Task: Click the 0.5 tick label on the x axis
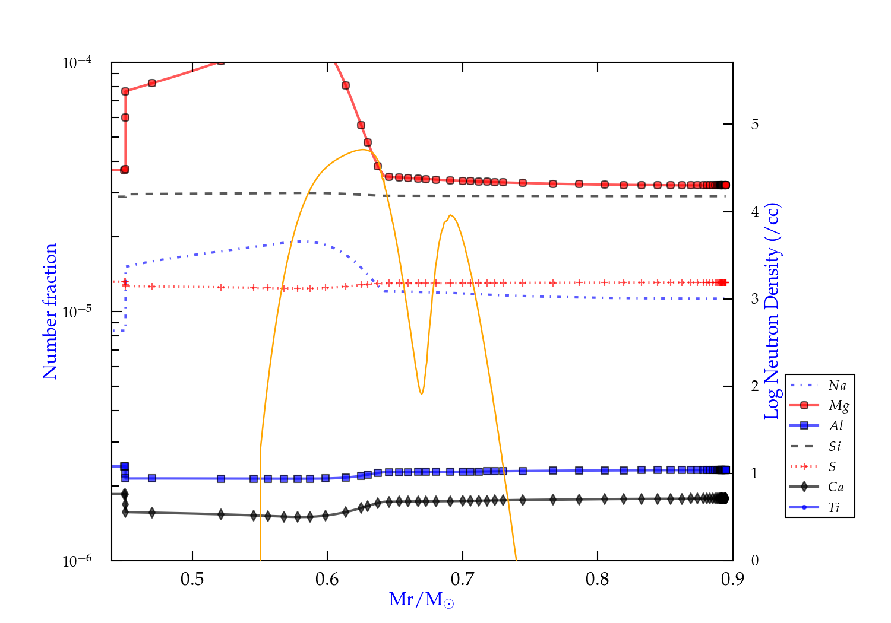192,579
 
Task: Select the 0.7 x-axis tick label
462,579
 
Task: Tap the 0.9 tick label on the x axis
732,579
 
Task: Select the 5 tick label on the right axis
755,124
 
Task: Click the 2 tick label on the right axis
755,386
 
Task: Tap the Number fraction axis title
50,311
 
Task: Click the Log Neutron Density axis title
772,311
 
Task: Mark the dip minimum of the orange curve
421,393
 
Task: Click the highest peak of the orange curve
363,150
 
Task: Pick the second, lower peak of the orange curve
451,215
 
